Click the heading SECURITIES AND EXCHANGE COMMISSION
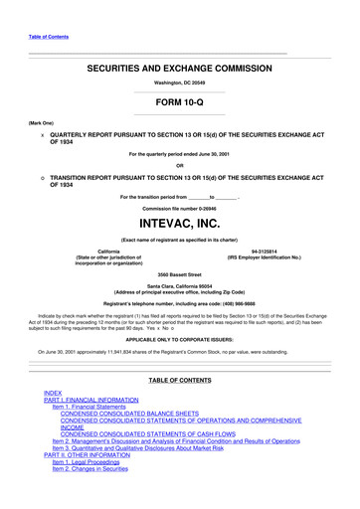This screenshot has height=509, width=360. coord(179,69)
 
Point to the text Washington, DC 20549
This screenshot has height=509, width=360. coord(179,84)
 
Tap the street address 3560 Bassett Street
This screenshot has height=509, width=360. coord(179,273)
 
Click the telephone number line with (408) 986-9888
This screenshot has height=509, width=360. coord(179,302)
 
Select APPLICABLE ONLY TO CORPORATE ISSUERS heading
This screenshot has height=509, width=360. coord(179,337)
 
